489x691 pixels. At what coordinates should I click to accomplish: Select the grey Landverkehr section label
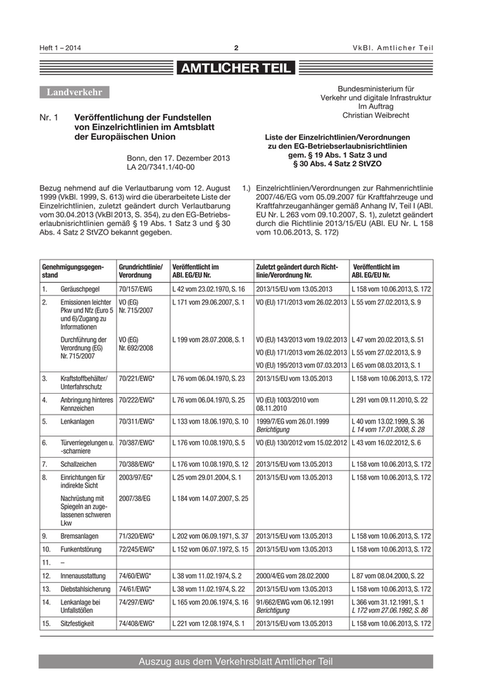(74, 92)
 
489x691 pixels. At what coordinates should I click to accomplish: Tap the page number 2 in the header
(236, 47)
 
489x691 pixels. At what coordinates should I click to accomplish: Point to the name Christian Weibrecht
(375, 115)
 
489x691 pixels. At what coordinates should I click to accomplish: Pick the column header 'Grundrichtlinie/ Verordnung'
(140, 271)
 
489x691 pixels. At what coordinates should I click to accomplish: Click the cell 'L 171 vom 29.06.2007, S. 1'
(207, 302)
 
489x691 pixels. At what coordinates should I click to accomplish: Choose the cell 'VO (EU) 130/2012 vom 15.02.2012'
(301, 443)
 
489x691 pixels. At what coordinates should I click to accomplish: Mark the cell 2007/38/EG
(135, 498)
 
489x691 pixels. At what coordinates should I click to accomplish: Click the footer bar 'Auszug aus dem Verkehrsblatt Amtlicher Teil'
(235, 661)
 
